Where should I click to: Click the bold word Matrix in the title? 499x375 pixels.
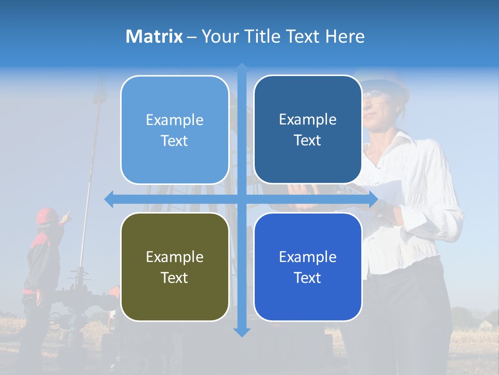point(154,36)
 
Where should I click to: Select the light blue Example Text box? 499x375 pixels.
point(175,130)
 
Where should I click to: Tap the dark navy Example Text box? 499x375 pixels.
point(308,130)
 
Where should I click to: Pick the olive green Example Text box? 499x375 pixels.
point(175,267)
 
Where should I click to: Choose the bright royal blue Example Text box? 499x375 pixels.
point(308,267)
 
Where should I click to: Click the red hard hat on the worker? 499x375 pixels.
point(47,215)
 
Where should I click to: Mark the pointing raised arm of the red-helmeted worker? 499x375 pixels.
point(64,218)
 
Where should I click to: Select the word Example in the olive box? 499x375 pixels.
point(175,257)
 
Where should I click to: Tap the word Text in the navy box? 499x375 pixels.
point(308,140)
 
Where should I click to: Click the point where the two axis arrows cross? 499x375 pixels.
point(242,199)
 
